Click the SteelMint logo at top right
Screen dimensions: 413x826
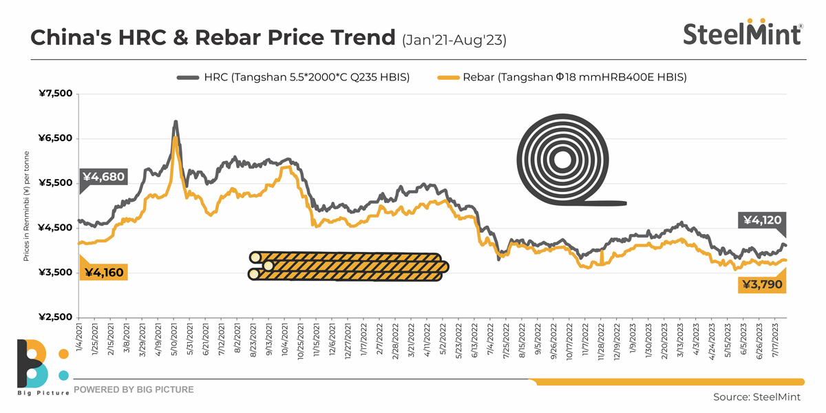click(742, 32)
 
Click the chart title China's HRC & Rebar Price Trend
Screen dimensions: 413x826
click(213, 37)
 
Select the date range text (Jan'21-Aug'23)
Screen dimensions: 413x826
click(454, 40)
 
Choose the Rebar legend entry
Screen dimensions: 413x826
click(561, 77)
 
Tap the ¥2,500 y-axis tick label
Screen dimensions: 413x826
click(55, 317)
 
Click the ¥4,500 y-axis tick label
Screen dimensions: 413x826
click(55, 228)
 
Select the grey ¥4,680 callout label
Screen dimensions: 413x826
click(103, 177)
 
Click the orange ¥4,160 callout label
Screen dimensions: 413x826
click(103, 273)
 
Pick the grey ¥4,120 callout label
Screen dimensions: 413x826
click(762, 220)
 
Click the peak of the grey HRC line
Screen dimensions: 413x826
click(176, 123)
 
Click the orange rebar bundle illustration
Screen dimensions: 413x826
click(348, 266)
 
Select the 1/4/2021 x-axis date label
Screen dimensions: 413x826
click(81, 340)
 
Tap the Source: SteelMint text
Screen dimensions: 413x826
click(755, 397)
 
